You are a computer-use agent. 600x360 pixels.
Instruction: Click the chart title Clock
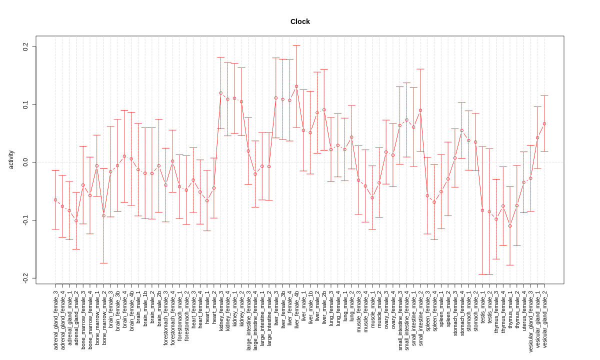point(300,21)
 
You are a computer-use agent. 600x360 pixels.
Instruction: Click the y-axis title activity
point(11,159)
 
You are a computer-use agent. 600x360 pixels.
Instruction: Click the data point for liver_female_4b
point(296,86)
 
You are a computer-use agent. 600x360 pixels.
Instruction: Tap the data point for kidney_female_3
point(220,93)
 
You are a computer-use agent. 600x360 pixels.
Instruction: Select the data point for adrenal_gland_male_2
point(76,220)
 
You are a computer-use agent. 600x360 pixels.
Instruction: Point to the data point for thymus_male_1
point(510,226)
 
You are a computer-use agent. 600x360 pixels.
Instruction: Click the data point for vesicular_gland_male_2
point(544,123)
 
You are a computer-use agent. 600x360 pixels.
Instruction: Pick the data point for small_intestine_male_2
point(420,110)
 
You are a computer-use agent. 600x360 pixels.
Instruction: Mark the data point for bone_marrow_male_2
point(103,215)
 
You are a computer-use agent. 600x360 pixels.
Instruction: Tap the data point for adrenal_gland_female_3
point(55,200)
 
